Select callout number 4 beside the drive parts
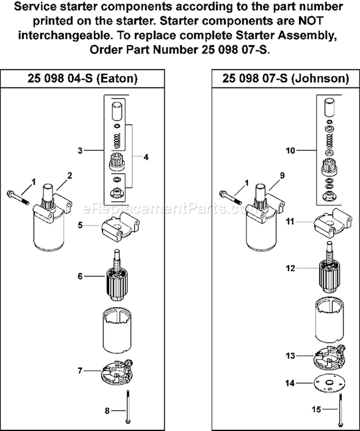[x=146, y=157]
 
